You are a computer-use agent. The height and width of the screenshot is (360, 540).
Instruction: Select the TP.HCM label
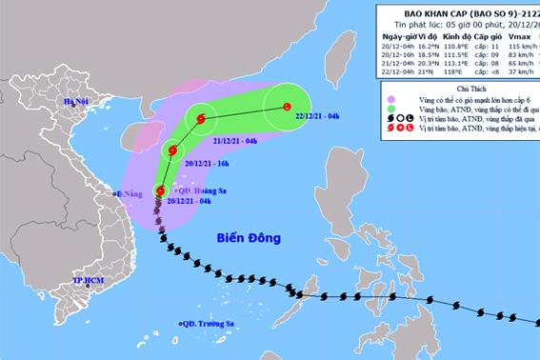coord(88,281)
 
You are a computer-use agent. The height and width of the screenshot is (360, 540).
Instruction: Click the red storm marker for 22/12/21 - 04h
coord(287,108)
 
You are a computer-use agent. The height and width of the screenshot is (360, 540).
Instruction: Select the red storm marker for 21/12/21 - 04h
coord(200,119)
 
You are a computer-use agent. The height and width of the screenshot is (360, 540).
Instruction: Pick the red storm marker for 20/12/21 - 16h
coord(172,149)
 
